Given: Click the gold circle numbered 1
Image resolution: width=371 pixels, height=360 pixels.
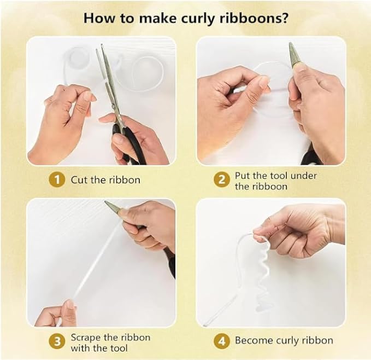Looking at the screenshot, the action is coord(57,180).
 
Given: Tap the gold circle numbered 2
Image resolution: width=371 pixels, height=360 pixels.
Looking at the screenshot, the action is coord(222,180).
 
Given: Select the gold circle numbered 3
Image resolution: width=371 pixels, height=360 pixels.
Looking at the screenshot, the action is coord(57,342).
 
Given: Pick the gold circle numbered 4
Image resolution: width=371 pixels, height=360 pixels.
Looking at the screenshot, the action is coord(222,341).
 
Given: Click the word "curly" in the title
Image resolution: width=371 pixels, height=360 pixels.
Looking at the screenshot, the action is coord(198,19).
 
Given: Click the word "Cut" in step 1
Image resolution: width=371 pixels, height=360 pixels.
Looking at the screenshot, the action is coord(79,180).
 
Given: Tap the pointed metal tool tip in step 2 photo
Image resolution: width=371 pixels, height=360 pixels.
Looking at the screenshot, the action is coord(291,44).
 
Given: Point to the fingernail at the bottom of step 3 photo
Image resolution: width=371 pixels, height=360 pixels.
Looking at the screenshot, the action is coord(70,305).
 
